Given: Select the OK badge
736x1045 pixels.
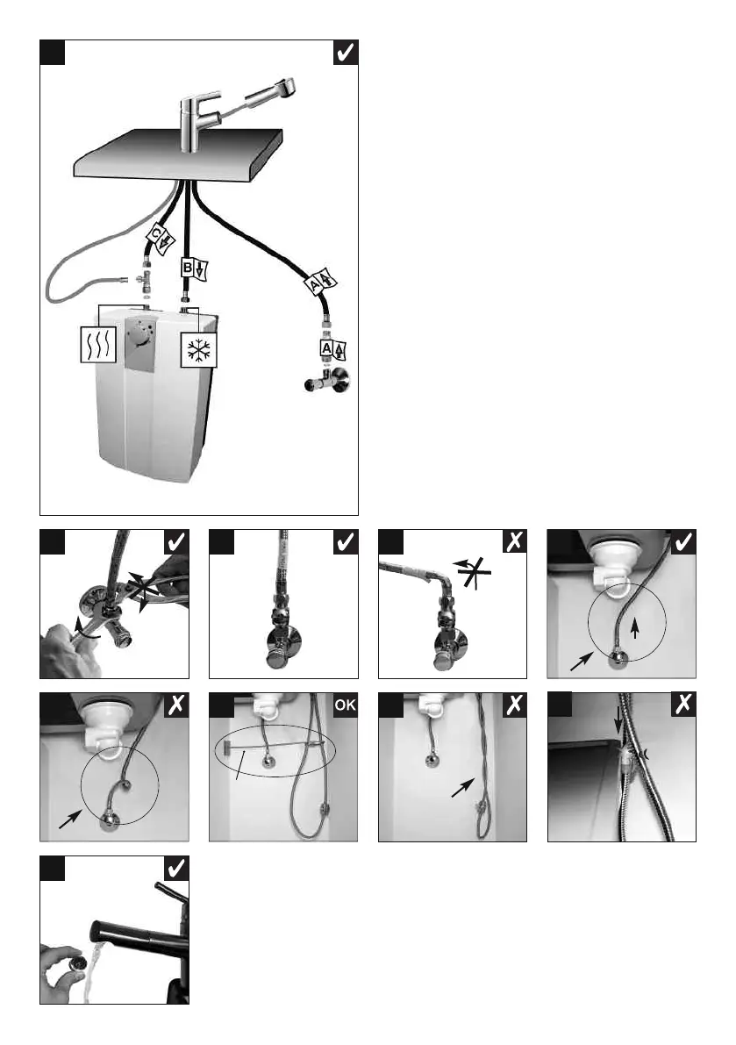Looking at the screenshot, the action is pos(344,705).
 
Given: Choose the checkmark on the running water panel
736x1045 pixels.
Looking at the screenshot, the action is pos(175,869).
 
